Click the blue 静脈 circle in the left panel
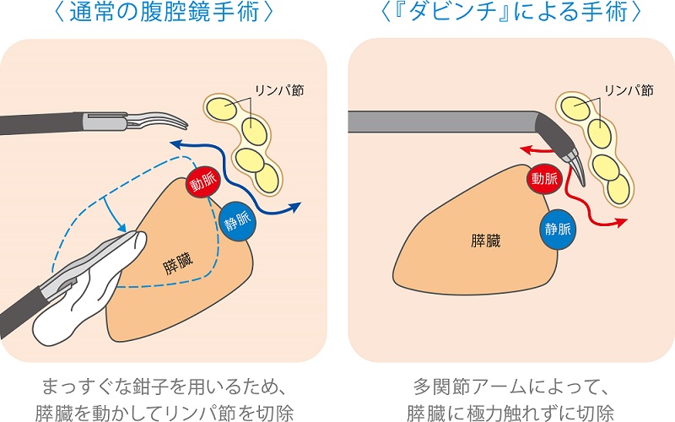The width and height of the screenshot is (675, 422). click(x=237, y=222)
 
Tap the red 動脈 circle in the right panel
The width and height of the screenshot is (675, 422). click(x=544, y=178)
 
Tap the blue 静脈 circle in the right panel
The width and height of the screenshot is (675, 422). click(x=558, y=228)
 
